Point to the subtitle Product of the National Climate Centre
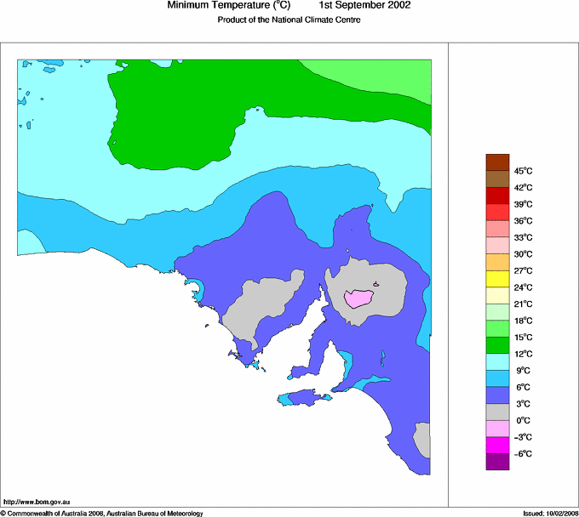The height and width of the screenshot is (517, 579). pyautogui.click(x=289, y=20)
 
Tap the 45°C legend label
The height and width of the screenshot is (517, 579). pyautogui.click(x=522, y=171)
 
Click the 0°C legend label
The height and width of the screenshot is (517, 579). pyautogui.click(x=521, y=420)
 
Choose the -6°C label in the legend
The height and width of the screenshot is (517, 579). pyautogui.click(x=521, y=453)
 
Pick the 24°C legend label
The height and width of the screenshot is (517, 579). pyautogui.click(x=522, y=287)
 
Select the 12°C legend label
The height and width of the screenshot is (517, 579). pyautogui.click(x=522, y=354)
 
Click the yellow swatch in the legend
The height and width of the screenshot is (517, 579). pyautogui.click(x=497, y=278)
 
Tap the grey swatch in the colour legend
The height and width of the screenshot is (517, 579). pyautogui.click(x=497, y=412)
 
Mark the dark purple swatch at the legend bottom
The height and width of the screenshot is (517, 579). pyautogui.click(x=497, y=462)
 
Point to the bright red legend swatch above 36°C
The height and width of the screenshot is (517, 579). pyautogui.click(x=497, y=212)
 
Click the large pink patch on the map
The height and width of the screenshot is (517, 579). pyautogui.click(x=359, y=298)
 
